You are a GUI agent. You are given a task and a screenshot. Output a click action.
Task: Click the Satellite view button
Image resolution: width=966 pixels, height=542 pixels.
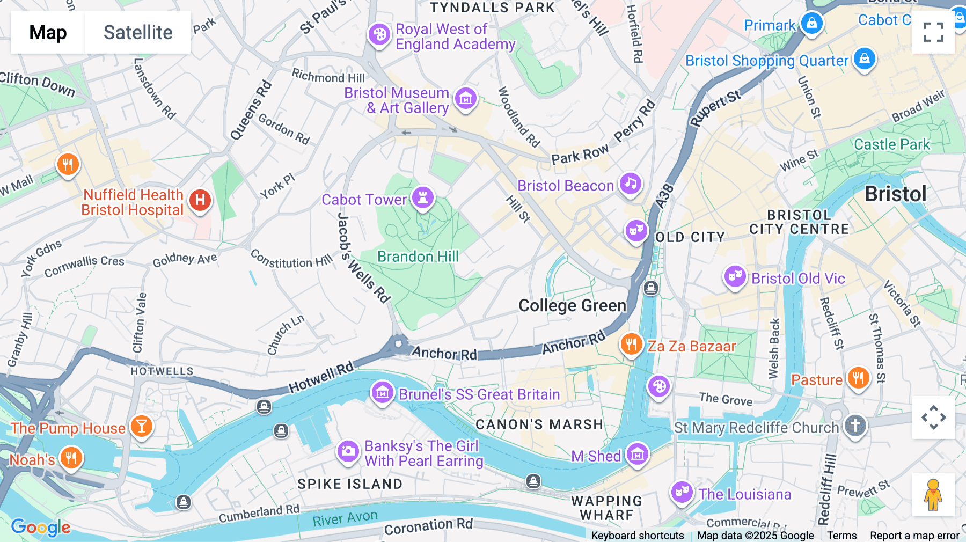(138, 32)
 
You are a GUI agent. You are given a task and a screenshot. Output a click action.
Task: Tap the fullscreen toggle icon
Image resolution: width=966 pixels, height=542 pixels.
(933, 32)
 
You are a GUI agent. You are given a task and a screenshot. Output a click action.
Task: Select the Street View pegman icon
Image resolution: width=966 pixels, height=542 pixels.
(933, 494)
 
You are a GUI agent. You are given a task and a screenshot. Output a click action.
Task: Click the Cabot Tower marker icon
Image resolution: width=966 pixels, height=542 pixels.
(423, 197)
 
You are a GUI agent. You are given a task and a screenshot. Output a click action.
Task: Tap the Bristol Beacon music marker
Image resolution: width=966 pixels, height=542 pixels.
(631, 184)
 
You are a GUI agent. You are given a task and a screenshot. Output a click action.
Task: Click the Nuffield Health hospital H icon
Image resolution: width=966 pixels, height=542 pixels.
(200, 201)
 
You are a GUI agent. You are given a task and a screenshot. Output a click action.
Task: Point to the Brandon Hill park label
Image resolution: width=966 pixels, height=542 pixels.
(418, 257)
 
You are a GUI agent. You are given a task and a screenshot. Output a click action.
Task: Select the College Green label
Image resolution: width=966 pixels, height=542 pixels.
(572, 305)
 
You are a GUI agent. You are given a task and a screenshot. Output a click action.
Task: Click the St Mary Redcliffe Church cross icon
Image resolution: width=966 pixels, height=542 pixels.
(855, 426)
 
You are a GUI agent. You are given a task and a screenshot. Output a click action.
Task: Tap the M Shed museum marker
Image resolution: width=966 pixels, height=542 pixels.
(637, 455)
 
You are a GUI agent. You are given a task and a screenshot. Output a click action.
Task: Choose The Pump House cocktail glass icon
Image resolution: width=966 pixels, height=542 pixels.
(142, 427)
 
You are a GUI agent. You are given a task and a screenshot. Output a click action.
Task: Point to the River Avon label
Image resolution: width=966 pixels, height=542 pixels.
(345, 518)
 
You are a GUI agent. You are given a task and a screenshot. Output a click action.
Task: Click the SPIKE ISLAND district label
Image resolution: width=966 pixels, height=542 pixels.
(350, 484)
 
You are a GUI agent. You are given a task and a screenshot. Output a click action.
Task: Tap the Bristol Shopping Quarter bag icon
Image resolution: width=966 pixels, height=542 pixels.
(864, 58)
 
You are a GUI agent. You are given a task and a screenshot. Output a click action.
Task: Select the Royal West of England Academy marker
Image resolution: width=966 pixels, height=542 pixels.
(379, 35)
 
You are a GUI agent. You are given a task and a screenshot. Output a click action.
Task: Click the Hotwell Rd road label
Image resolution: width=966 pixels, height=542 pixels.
(321, 378)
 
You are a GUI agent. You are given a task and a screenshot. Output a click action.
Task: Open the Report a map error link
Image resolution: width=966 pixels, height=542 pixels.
(914, 536)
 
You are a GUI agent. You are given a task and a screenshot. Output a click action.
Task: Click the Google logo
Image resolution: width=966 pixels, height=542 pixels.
(41, 528)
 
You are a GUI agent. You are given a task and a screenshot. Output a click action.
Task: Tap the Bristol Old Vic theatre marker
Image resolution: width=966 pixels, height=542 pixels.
(735, 277)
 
